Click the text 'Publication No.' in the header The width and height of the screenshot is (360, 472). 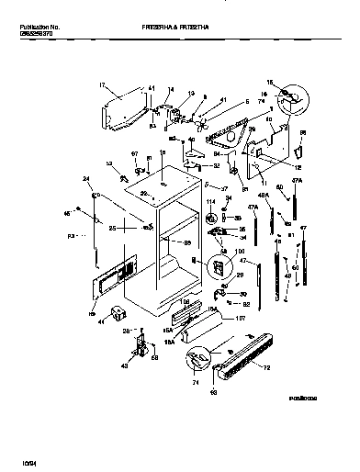39,29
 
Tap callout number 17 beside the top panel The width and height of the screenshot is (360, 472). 100,84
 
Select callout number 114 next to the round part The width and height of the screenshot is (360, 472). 209,201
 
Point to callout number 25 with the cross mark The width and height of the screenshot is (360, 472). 113,227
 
